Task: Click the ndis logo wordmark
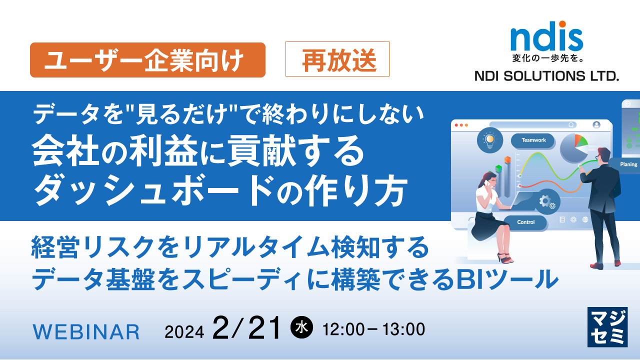click(x=546, y=37)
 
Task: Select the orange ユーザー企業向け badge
click(x=147, y=60)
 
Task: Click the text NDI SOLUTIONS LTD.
click(x=546, y=76)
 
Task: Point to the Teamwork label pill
click(x=533, y=140)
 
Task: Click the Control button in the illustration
click(x=525, y=222)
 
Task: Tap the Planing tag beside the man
click(x=628, y=164)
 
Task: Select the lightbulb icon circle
click(x=489, y=139)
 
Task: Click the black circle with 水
click(x=301, y=328)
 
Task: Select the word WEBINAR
click(x=86, y=331)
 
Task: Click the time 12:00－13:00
click(x=374, y=329)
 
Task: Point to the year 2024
click(x=184, y=331)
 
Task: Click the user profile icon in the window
click(x=596, y=125)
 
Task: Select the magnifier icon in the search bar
click(x=570, y=125)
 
